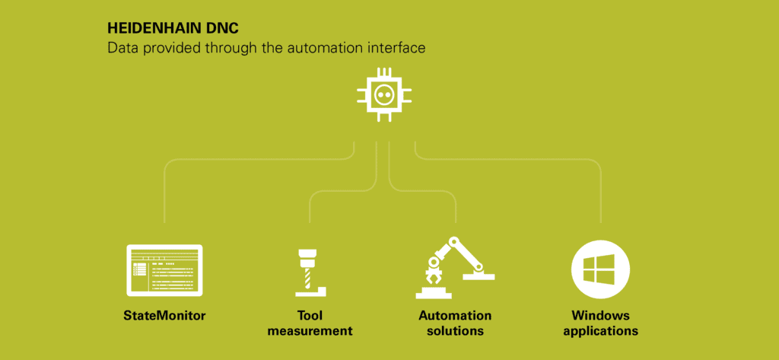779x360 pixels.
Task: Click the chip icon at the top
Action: point(385,95)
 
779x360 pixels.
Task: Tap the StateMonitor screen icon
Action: point(164,270)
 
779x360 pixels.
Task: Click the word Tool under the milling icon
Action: point(310,315)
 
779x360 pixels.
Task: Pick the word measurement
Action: point(310,331)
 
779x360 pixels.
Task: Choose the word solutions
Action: point(455,331)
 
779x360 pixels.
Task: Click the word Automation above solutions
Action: point(455,315)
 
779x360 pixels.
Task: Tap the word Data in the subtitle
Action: point(121,48)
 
